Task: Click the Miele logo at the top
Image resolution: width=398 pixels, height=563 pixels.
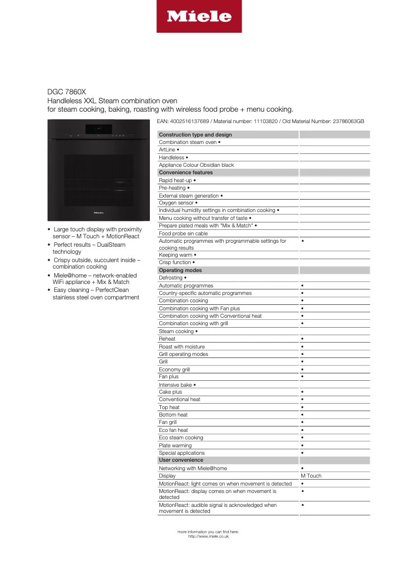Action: tap(199, 16)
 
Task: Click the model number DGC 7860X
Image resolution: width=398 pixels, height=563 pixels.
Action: tap(66, 92)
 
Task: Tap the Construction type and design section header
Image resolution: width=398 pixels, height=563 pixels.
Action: tap(196, 135)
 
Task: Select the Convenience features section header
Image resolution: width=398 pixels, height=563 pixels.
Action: tap(186, 172)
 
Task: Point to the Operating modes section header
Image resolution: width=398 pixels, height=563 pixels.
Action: tap(181, 270)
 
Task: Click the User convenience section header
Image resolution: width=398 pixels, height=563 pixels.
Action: tap(181, 460)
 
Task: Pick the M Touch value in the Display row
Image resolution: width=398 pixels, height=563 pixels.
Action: tap(311, 476)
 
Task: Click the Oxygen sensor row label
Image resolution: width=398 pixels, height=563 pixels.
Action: tap(178, 203)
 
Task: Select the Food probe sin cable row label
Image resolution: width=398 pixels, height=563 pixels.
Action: tap(183, 233)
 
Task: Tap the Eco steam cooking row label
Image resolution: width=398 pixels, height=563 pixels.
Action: tap(181, 437)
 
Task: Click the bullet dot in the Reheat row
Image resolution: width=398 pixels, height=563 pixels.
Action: tap(302, 339)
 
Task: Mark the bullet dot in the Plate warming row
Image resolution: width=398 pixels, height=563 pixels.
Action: tap(302, 445)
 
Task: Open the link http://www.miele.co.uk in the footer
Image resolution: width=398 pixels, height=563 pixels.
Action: tap(208, 536)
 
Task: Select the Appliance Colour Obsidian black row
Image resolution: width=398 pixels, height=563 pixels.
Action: tap(196, 165)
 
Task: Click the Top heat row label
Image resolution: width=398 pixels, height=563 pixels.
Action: tap(169, 407)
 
